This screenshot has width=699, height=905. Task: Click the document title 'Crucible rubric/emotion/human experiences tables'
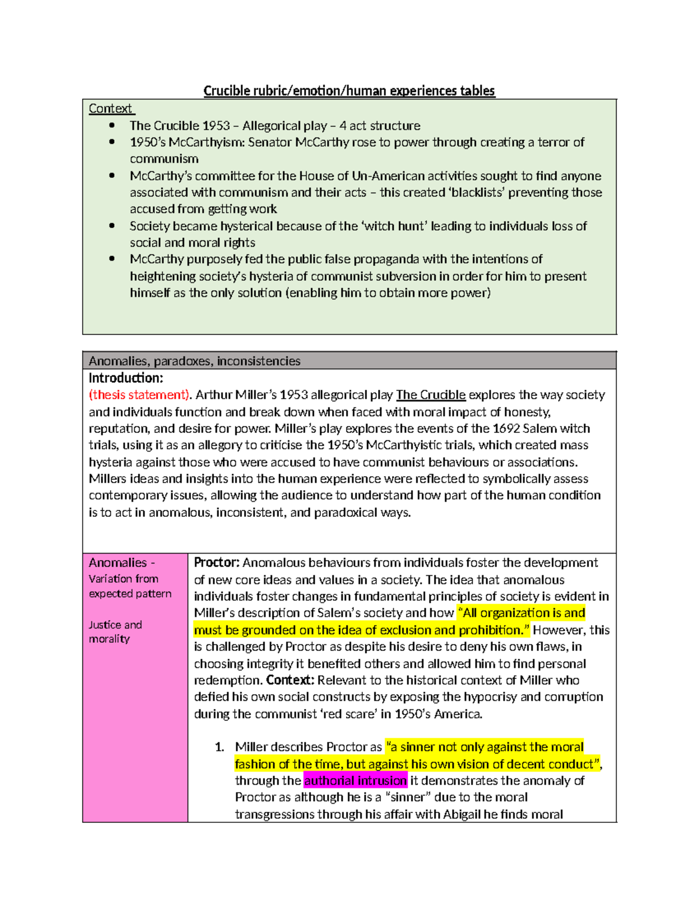pyautogui.click(x=349, y=91)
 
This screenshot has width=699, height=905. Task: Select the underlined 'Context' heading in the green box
pyautogui.click(x=111, y=108)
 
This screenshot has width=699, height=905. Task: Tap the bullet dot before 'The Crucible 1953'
pyautogui.click(x=112, y=125)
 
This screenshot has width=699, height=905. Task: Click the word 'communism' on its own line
pyautogui.click(x=164, y=159)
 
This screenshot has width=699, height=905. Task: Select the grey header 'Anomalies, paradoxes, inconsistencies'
pyautogui.click(x=195, y=361)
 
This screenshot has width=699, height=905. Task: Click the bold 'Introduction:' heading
pyautogui.click(x=126, y=378)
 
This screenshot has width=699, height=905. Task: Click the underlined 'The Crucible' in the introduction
pyautogui.click(x=430, y=395)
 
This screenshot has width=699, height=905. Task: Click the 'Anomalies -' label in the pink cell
pyautogui.click(x=121, y=562)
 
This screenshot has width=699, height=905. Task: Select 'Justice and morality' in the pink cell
pyautogui.click(x=115, y=632)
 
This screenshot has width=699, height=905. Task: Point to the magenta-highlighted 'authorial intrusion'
pyautogui.click(x=355, y=780)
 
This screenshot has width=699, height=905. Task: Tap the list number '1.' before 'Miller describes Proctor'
pyautogui.click(x=220, y=747)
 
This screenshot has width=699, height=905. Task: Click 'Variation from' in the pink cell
pyautogui.click(x=123, y=579)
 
